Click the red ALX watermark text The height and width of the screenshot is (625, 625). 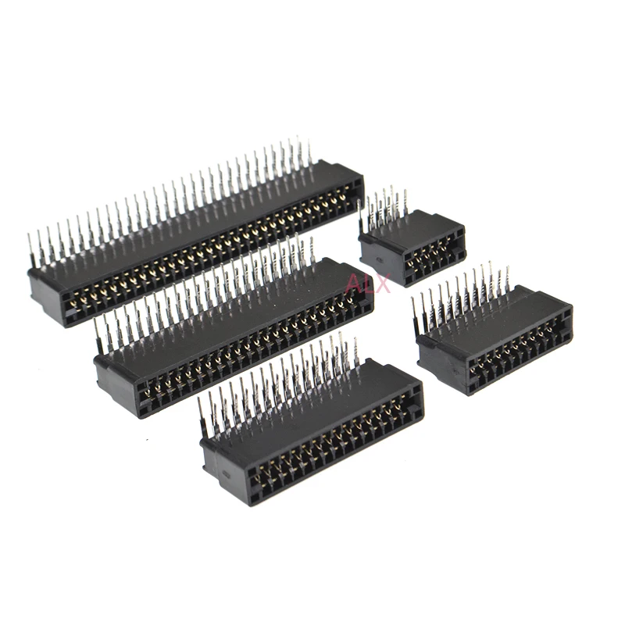(x=367, y=283)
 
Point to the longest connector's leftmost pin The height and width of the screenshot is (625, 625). (x=30, y=250)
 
